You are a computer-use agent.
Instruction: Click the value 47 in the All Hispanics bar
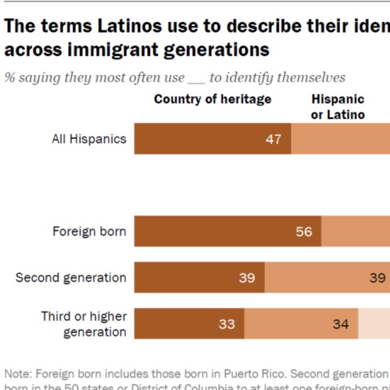coord(273,139)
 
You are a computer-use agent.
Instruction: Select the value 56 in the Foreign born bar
coord(303,232)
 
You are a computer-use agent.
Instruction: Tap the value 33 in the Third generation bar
coord(226,324)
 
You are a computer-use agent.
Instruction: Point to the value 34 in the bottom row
coord(340,324)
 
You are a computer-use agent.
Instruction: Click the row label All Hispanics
coord(89,139)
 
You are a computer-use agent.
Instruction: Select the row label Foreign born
coord(89,232)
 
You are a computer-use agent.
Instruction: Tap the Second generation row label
coord(70,277)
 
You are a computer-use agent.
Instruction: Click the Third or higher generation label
coord(84,324)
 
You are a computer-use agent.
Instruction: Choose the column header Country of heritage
coord(213,99)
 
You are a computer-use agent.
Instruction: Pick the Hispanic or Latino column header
coord(338,107)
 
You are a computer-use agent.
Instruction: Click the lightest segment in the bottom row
coord(374,324)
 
